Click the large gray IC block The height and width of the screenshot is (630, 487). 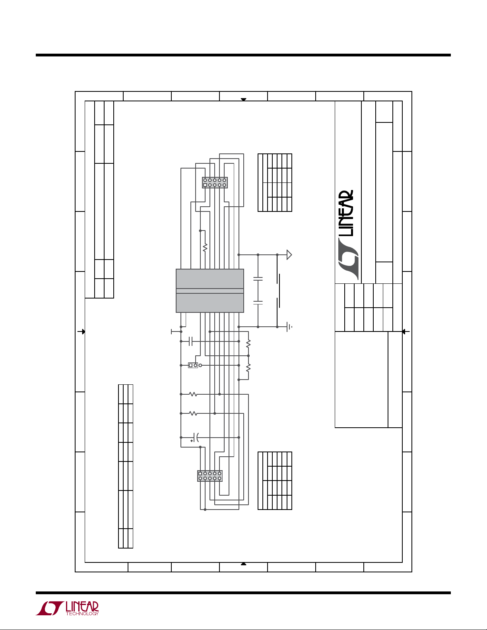pos(210,291)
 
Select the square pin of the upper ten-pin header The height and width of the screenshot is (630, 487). pos(205,185)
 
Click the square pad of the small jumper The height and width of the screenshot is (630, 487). pos(190,365)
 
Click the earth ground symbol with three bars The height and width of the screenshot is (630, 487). pos(289,327)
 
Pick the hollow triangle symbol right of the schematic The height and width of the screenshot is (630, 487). pos(289,254)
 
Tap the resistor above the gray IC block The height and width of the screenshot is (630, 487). pos(205,248)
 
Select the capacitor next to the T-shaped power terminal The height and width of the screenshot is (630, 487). pos(190,341)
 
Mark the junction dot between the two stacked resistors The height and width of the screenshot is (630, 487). pos(248,356)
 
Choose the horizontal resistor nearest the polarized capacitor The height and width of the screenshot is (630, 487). pos(193,413)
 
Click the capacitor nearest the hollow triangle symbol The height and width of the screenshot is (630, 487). pos(258,279)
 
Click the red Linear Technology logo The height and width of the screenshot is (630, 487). pos(67,609)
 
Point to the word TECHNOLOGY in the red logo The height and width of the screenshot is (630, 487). pos(82,614)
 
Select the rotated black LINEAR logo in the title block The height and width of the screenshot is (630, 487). pos(348,235)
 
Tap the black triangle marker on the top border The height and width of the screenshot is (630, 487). pos(243,99)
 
